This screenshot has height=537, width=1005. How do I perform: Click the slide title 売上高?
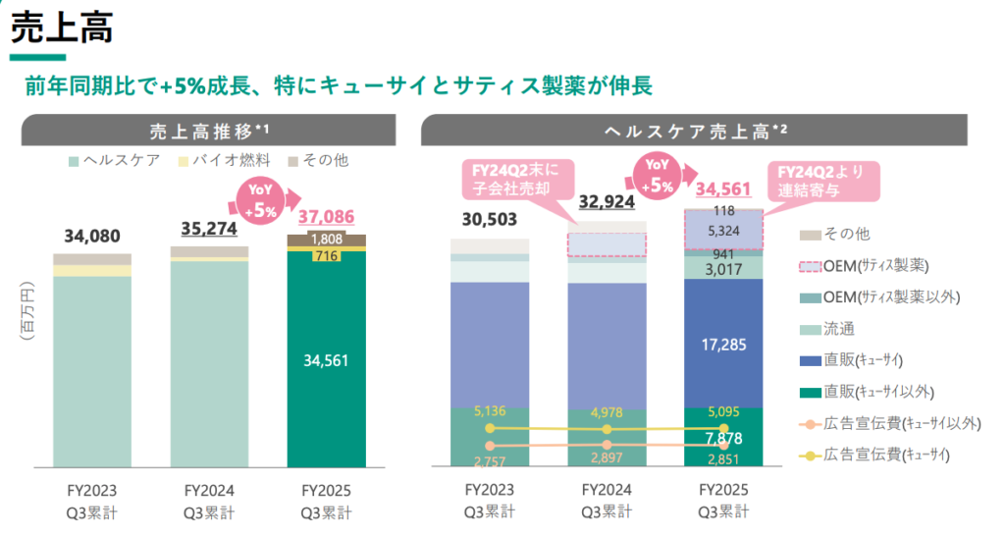click(x=61, y=27)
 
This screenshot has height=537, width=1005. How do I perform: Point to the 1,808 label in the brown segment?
click(x=326, y=240)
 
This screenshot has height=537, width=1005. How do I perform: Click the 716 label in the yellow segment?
click(x=326, y=256)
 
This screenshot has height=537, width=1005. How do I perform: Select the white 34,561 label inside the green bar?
click(x=326, y=360)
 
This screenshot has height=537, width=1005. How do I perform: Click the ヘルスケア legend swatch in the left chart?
click(x=74, y=160)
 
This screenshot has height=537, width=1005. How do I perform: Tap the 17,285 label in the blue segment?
click(x=724, y=344)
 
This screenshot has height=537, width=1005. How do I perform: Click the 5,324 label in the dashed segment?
click(x=724, y=232)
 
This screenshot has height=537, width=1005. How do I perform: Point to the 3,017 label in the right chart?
click(x=724, y=268)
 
